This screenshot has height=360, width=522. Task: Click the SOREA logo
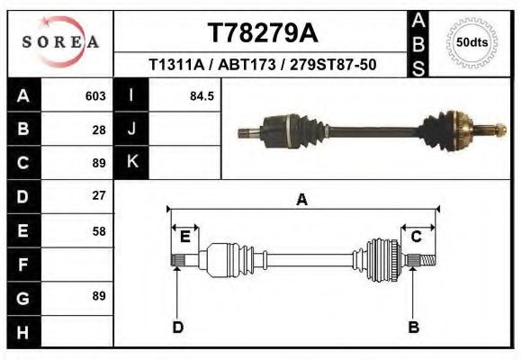(60, 42)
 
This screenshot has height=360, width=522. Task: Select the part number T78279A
(262, 33)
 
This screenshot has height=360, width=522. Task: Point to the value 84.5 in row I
(201, 95)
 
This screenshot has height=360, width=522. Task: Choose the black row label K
(132, 162)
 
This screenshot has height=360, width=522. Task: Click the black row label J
(132, 129)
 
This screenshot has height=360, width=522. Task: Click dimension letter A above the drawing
(301, 199)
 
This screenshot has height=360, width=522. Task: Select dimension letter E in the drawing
(184, 237)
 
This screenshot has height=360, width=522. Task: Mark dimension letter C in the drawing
(417, 237)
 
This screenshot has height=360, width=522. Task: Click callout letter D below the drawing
(177, 327)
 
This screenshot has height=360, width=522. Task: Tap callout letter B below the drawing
(414, 327)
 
